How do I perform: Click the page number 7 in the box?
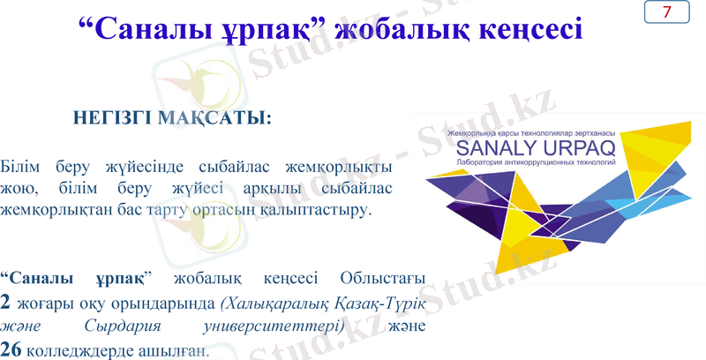click(666, 12)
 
